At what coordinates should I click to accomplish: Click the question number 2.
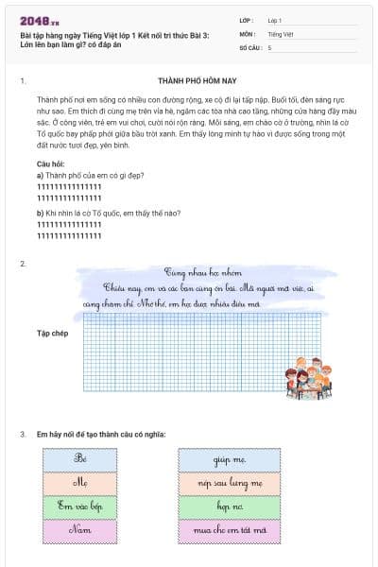(23, 262)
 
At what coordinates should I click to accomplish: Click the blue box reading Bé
(80, 459)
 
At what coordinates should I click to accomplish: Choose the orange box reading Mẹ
(80, 483)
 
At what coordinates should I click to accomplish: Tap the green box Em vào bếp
(80, 507)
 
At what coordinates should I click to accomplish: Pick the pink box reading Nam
(80, 530)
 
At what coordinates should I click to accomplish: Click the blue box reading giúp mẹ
(229, 459)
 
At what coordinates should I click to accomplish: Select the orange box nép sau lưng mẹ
(229, 483)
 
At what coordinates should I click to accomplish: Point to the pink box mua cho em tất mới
(229, 530)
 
